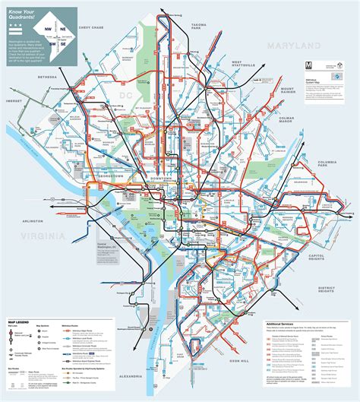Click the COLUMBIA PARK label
tap(331, 163)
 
